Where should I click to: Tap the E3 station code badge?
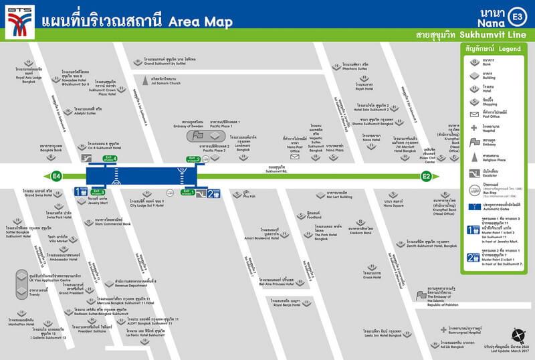click(518, 15)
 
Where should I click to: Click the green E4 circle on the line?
click(56, 176)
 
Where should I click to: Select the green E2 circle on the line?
click(426, 176)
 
